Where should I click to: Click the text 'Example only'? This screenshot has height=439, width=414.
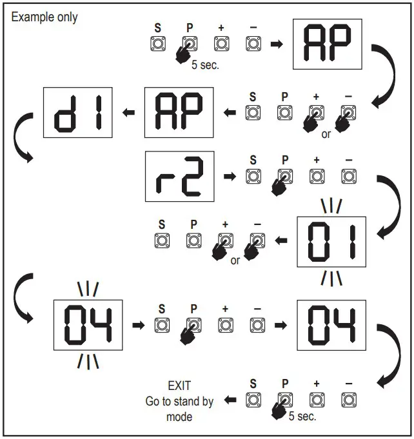(x=44, y=17)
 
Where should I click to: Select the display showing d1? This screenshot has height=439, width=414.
(x=77, y=112)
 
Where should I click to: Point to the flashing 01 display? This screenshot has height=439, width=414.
(x=331, y=241)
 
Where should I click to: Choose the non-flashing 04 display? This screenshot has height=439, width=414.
(x=331, y=325)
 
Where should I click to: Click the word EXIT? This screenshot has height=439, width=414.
(x=179, y=386)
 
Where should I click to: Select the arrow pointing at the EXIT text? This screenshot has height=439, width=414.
(x=229, y=401)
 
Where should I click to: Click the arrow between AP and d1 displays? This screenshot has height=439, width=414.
(x=129, y=113)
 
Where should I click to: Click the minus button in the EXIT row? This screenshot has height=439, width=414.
(x=349, y=400)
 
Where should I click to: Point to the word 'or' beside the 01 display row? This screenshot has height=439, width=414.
(x=235, y=261)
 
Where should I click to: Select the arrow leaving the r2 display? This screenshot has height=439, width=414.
(x=229, y=175)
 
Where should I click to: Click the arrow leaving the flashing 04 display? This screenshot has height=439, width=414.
(x=137, y=325)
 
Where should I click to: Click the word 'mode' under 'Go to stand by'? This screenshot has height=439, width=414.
(x=179, y=416)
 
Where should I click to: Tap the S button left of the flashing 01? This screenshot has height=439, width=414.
(x=161, y=240)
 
